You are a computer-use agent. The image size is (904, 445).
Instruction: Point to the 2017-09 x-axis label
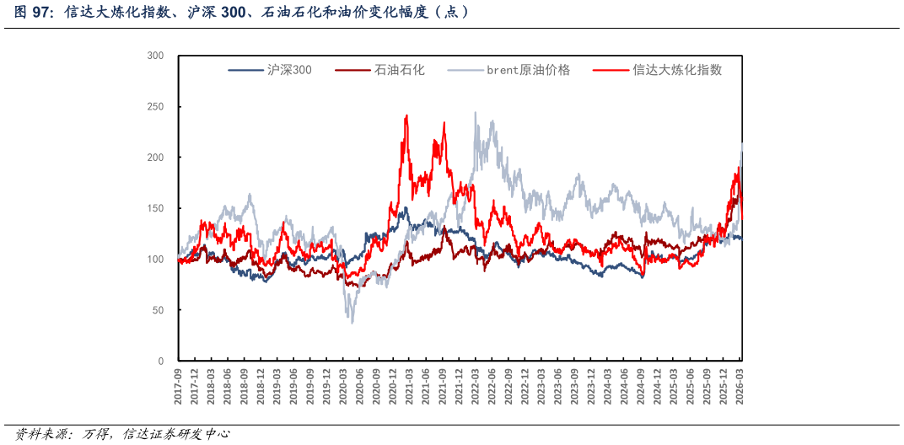point(178,387)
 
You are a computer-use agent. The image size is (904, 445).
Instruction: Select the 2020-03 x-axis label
point(343,387)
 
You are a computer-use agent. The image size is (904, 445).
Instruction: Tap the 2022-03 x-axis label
point(475,387)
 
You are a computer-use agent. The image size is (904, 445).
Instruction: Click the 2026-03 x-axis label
point(740,387)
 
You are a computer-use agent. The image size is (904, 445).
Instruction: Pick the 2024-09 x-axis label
point(641,387)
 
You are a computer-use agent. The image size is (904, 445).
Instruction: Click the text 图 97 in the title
point(31,13)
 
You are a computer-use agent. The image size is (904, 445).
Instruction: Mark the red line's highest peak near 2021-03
point(406,115)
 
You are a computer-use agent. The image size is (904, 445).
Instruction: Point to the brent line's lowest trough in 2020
point(352,323)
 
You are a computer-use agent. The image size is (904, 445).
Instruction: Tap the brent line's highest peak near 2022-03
point(475,112)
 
